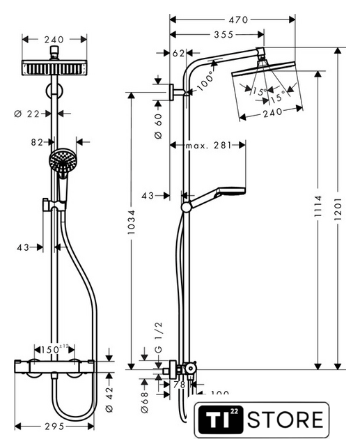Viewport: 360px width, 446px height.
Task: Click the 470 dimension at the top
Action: (238, 20)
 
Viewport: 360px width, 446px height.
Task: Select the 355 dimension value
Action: (224, 35)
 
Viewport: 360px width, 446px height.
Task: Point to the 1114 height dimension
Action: (318, 206)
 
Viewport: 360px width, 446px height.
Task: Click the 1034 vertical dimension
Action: (131, 222)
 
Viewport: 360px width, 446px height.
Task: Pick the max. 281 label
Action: (209, 146)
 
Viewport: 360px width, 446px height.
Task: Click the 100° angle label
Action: (205, 81)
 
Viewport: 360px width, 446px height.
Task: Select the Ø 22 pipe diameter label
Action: (26, 114)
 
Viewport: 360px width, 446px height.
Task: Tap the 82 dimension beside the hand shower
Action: (37, 142)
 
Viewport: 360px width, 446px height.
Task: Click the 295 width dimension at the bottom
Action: (54, 426)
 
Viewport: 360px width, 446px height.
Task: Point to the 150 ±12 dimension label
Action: (54, 349)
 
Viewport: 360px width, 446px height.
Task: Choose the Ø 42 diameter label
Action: (109, 399)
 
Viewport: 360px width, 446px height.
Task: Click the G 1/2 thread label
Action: (159, 337)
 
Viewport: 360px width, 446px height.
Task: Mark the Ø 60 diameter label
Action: (159, 126)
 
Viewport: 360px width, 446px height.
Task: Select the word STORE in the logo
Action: (285, 420)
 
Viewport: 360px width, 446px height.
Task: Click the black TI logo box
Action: (221, 420)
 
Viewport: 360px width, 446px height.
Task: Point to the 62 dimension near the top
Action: (178, 53)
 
